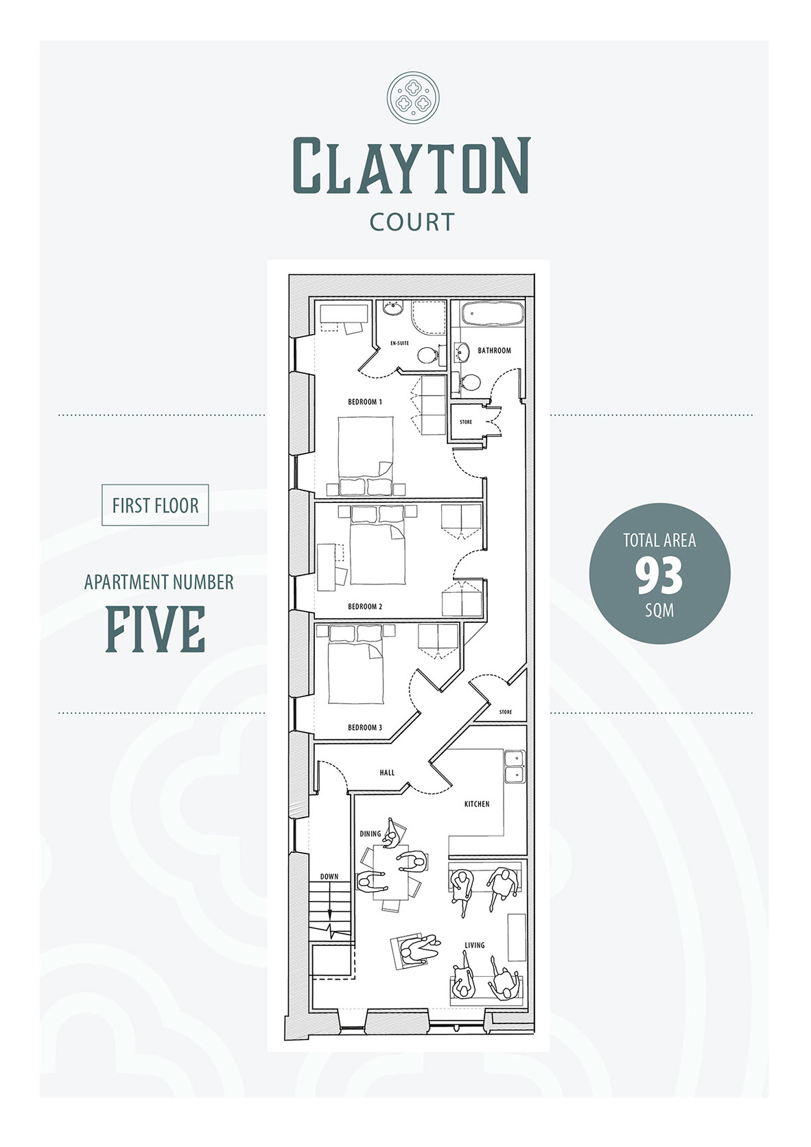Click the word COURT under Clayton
point(412,222)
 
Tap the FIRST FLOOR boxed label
point(155,506)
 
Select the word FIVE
point(155,629)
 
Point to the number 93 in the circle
point(659,576)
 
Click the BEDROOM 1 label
point(365,402)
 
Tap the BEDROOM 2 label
point(365,607)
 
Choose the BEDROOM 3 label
point(365,728)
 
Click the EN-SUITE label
point(400,343)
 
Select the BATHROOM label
point(495,351)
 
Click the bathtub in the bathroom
point(492,314)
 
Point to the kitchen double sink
point(515,766)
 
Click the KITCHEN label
point(477,805)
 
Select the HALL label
point(387,772)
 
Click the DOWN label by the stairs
point(329,877)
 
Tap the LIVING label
point(475,945)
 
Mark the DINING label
point(371,833)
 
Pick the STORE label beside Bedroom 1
point(466,423)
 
